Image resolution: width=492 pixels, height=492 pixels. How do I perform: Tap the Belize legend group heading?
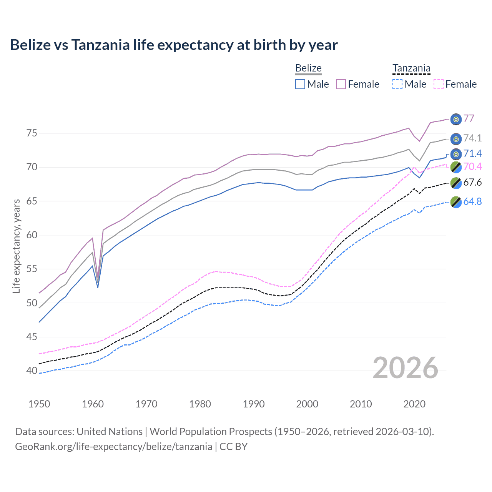point(308,68)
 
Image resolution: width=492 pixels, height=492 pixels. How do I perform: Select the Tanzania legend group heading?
point(411,68)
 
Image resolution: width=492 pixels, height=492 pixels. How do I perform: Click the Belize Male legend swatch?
point(300,84)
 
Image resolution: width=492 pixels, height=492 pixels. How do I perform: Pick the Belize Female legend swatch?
point(341,84)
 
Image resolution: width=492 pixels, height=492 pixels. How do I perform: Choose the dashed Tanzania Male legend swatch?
point(397,84)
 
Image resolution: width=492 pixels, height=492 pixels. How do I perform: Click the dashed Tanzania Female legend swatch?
point(439,84)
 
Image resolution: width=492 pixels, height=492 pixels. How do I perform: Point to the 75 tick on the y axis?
point(32,133)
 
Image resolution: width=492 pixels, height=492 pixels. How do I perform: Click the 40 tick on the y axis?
point(32,371)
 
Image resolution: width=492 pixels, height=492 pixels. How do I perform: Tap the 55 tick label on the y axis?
point(32,269)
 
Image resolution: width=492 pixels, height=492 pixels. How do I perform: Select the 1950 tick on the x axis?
point(39,404)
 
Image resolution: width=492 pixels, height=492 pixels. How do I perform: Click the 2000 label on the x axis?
point(307,404)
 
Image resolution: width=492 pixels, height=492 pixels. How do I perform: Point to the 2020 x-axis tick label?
point(414,404)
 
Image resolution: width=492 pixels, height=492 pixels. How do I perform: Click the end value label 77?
point(469,118)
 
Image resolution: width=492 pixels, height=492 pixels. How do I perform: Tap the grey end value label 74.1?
point(472,138)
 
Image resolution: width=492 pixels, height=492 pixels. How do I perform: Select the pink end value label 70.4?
point(472,166)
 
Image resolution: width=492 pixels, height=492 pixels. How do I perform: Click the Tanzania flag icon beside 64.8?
point(456,202)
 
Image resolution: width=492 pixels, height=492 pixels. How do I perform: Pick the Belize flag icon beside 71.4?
point(456,154)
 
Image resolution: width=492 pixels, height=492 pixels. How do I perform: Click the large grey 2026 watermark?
point(405,368)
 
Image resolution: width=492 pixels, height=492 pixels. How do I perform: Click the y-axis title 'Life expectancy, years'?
point(17,246)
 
